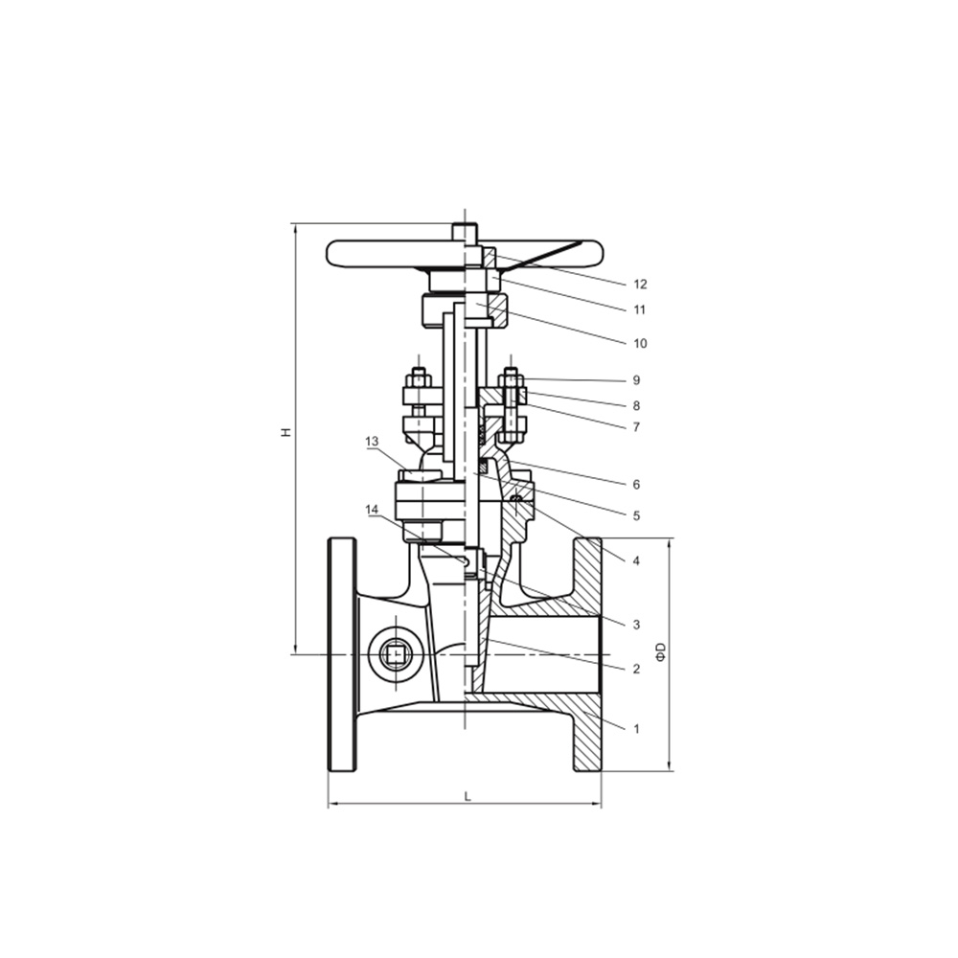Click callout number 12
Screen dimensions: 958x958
pos(640,285)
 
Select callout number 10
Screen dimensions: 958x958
pos(640,343)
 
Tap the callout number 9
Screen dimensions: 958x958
pos(636,380)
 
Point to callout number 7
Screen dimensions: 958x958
pos(636,427)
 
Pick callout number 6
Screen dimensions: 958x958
pos(636,485)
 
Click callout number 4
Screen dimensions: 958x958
pos(636,560)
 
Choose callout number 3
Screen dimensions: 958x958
pos(636,625)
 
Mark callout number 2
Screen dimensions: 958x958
pos(636,669)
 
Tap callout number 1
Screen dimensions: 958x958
pos(636,728)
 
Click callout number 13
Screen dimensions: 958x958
pos(372,441)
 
